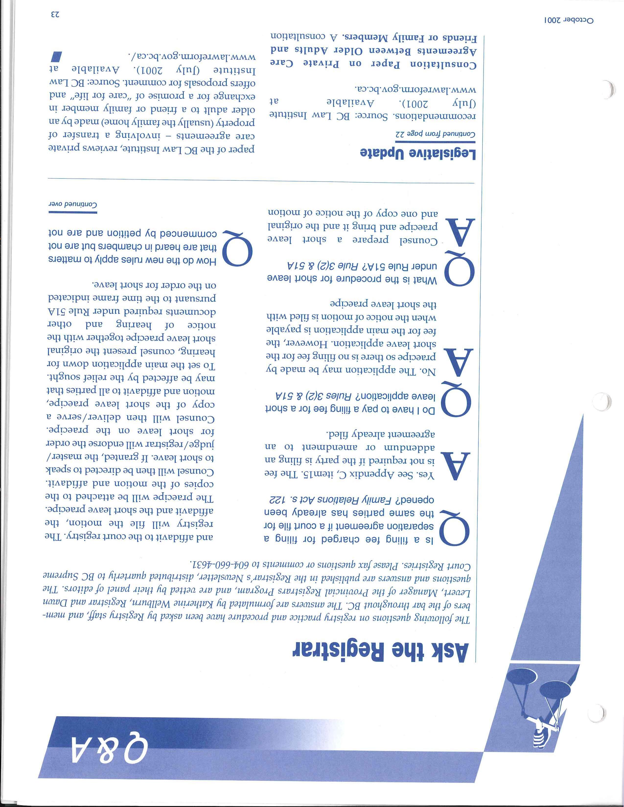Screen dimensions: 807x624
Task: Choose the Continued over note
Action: click(x=72, y=205)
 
